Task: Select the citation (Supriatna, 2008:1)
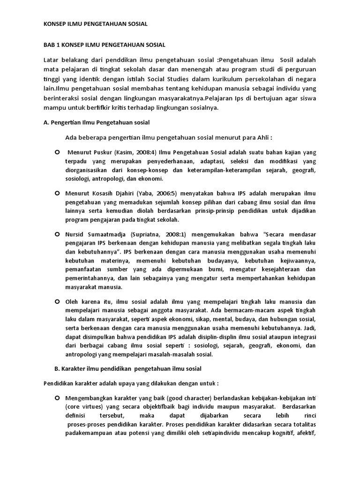click(150, 234)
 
